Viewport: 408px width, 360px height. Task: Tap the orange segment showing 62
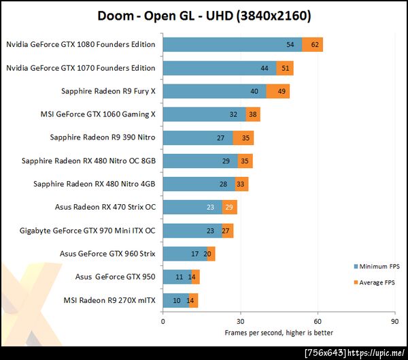point(313,45)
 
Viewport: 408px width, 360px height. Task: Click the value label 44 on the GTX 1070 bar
point(264,68)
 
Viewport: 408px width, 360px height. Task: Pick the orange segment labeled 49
point(278,91)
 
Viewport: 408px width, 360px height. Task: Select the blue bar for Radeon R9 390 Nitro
point(197,137)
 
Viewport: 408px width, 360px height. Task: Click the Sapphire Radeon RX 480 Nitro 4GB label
point(94,184)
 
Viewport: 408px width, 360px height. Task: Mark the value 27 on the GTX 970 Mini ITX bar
point(227,231)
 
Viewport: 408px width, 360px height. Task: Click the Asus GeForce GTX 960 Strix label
point(107,254)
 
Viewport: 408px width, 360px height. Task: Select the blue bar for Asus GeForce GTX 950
point(176,277)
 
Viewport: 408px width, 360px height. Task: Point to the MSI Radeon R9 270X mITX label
point(109,300)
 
